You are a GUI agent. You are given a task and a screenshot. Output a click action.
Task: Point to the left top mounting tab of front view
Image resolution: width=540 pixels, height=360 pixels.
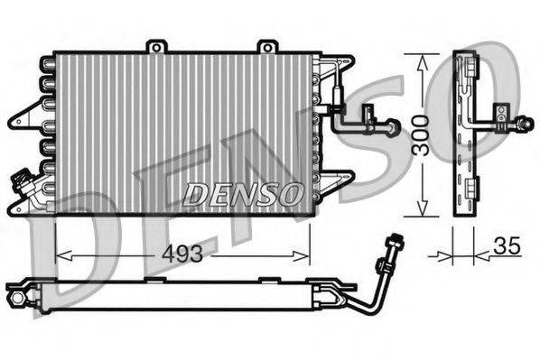pyautogui.click(x=157, y=45)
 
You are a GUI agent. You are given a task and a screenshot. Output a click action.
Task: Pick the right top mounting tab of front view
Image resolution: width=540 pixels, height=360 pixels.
pyautogui.click(x=266, y=45)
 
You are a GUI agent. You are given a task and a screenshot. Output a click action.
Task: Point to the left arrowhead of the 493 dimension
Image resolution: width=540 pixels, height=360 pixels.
pyautogui.click(x=60, y=254)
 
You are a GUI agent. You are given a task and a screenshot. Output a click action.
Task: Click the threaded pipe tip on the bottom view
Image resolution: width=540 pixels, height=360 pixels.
pyautogui.click(x=393, y=241)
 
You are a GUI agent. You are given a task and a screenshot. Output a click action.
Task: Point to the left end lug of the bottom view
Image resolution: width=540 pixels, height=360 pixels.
pyautogui.click(x=15, y=292)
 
